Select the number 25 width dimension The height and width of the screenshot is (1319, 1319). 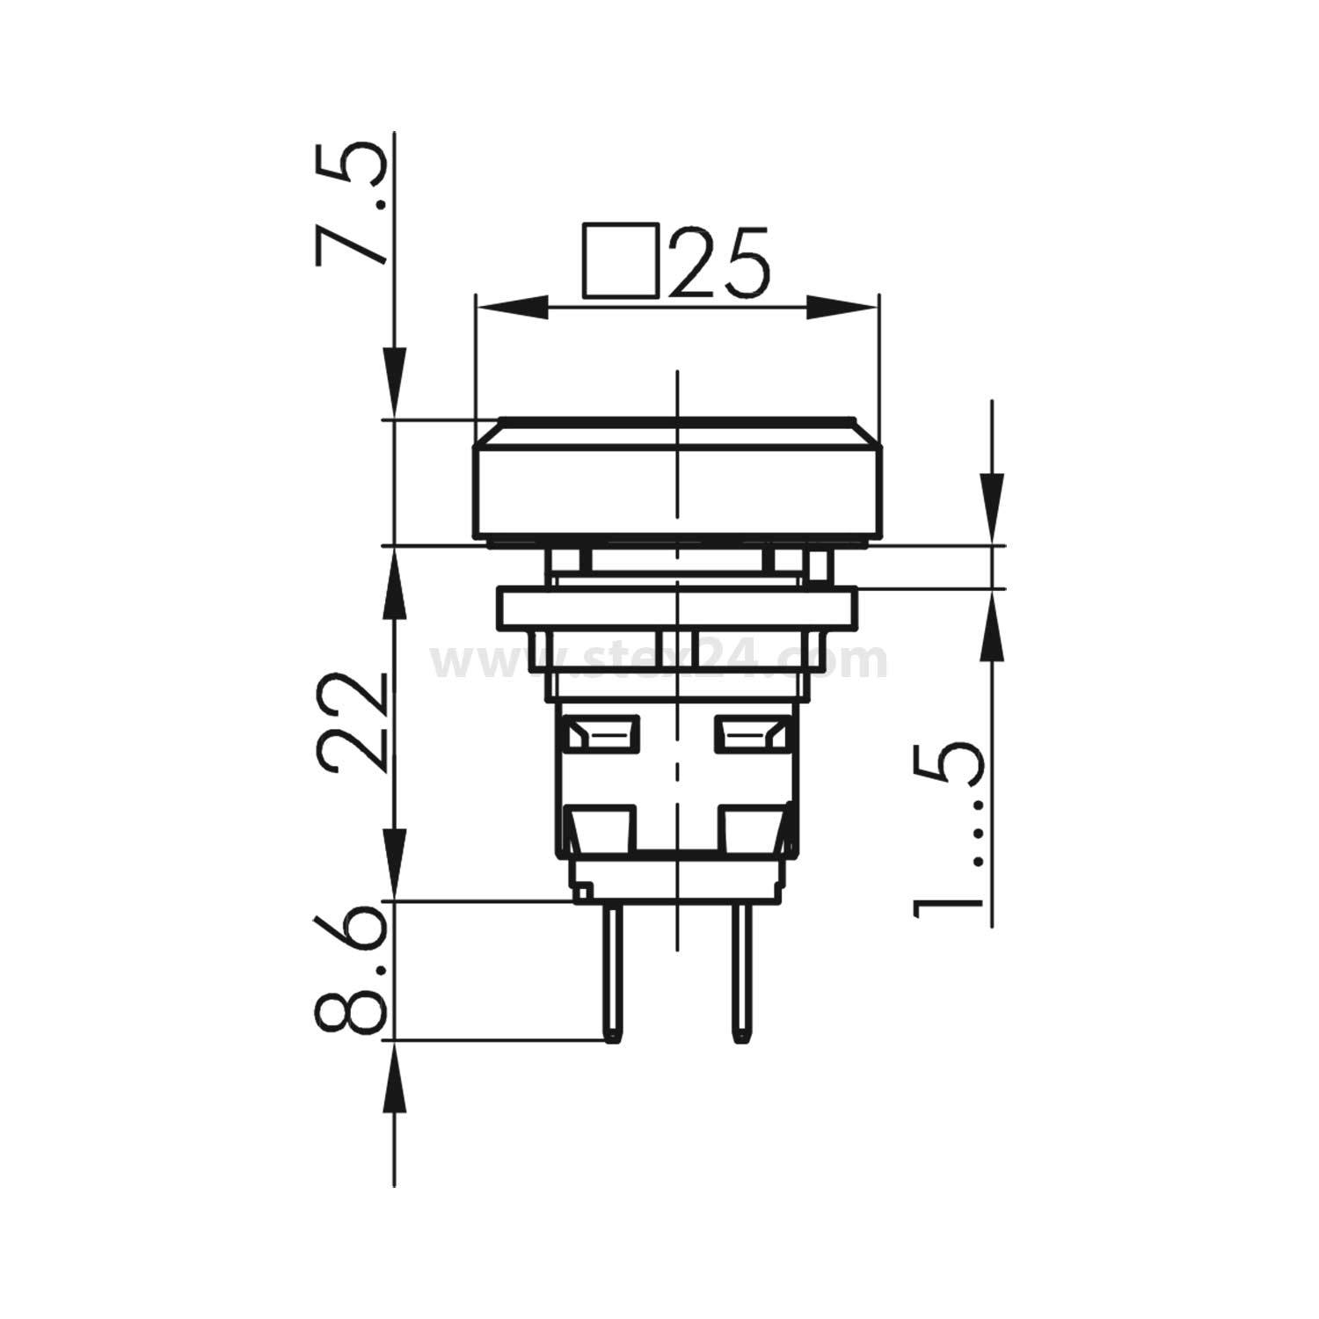point(719,262)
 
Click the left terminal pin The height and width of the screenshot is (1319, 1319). point(609,972)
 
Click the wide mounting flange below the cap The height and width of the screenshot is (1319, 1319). point(676,607)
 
